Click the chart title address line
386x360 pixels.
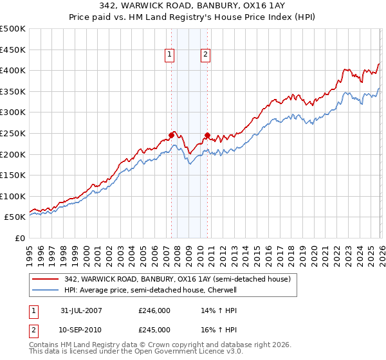(193, 6)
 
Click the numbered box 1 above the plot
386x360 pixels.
(169, 55)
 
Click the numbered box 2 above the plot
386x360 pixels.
(205, 55)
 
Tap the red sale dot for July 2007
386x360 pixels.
(171, 135)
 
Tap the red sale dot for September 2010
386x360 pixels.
(207, 136)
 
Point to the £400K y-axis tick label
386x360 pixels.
(13, 71)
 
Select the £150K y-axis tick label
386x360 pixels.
(13, 175)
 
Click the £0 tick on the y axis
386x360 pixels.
(19, 238)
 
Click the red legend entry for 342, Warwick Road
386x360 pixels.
(178, 280)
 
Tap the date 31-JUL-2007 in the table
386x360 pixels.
(82, 310)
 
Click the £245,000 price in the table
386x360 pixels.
(154, 329)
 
